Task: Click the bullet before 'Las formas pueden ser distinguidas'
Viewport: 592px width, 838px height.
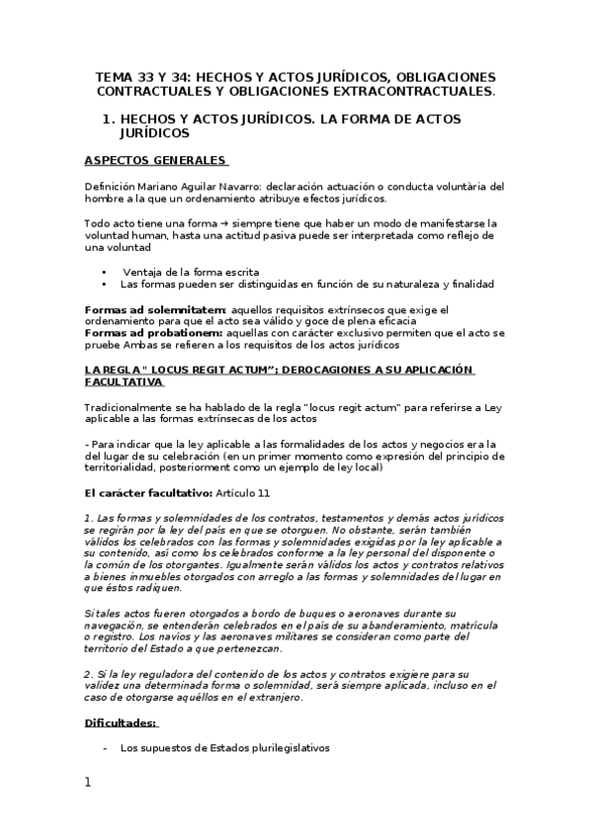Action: pyautogui.click(x=105, y=284)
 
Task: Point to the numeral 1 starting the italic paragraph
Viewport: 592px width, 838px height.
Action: pyautogui.click(x=88, y=518)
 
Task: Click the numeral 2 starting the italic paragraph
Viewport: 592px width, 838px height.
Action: pyautogui.click(x=88, y=675)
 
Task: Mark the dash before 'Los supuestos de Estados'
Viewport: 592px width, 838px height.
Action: pyautogui.click(x=105, y=748)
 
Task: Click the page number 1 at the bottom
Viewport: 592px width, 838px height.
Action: pyautogui.click(x=88, y=783)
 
